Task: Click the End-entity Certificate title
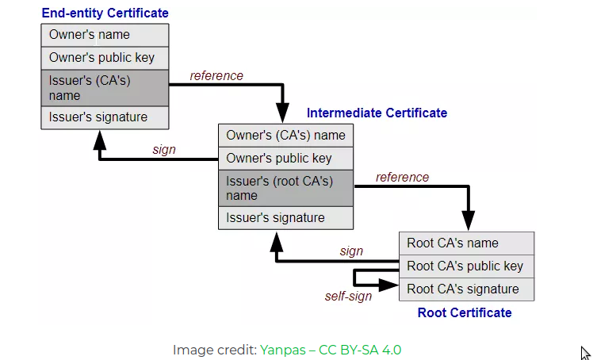coord(105,13)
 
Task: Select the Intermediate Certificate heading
coord(377,113)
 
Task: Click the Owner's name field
coord(105,35)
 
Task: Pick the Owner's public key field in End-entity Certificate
coord(105,58)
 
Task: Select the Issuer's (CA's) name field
coord(105,88)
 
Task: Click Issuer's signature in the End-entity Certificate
coord(105,117)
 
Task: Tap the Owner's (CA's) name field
coord(285,135)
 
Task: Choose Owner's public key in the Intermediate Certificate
coord(285,158)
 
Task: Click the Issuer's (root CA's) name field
coord(285,188)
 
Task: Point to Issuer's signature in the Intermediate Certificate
coord(285,218)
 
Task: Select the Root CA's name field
coord(466,243)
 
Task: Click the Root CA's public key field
coord(466,266)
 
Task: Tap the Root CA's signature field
coord(466,289)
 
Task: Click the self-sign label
coord(348,297)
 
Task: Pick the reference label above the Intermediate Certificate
coord(216,76)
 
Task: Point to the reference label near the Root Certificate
coord(402,177)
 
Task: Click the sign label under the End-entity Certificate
coord(163,149)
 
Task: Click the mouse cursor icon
coord(585,354)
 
